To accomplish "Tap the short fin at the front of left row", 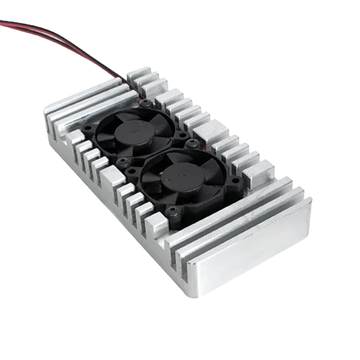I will pyautogui.click(x=156, y=224).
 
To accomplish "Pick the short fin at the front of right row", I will pyautogui.click(x=260, y=170).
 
